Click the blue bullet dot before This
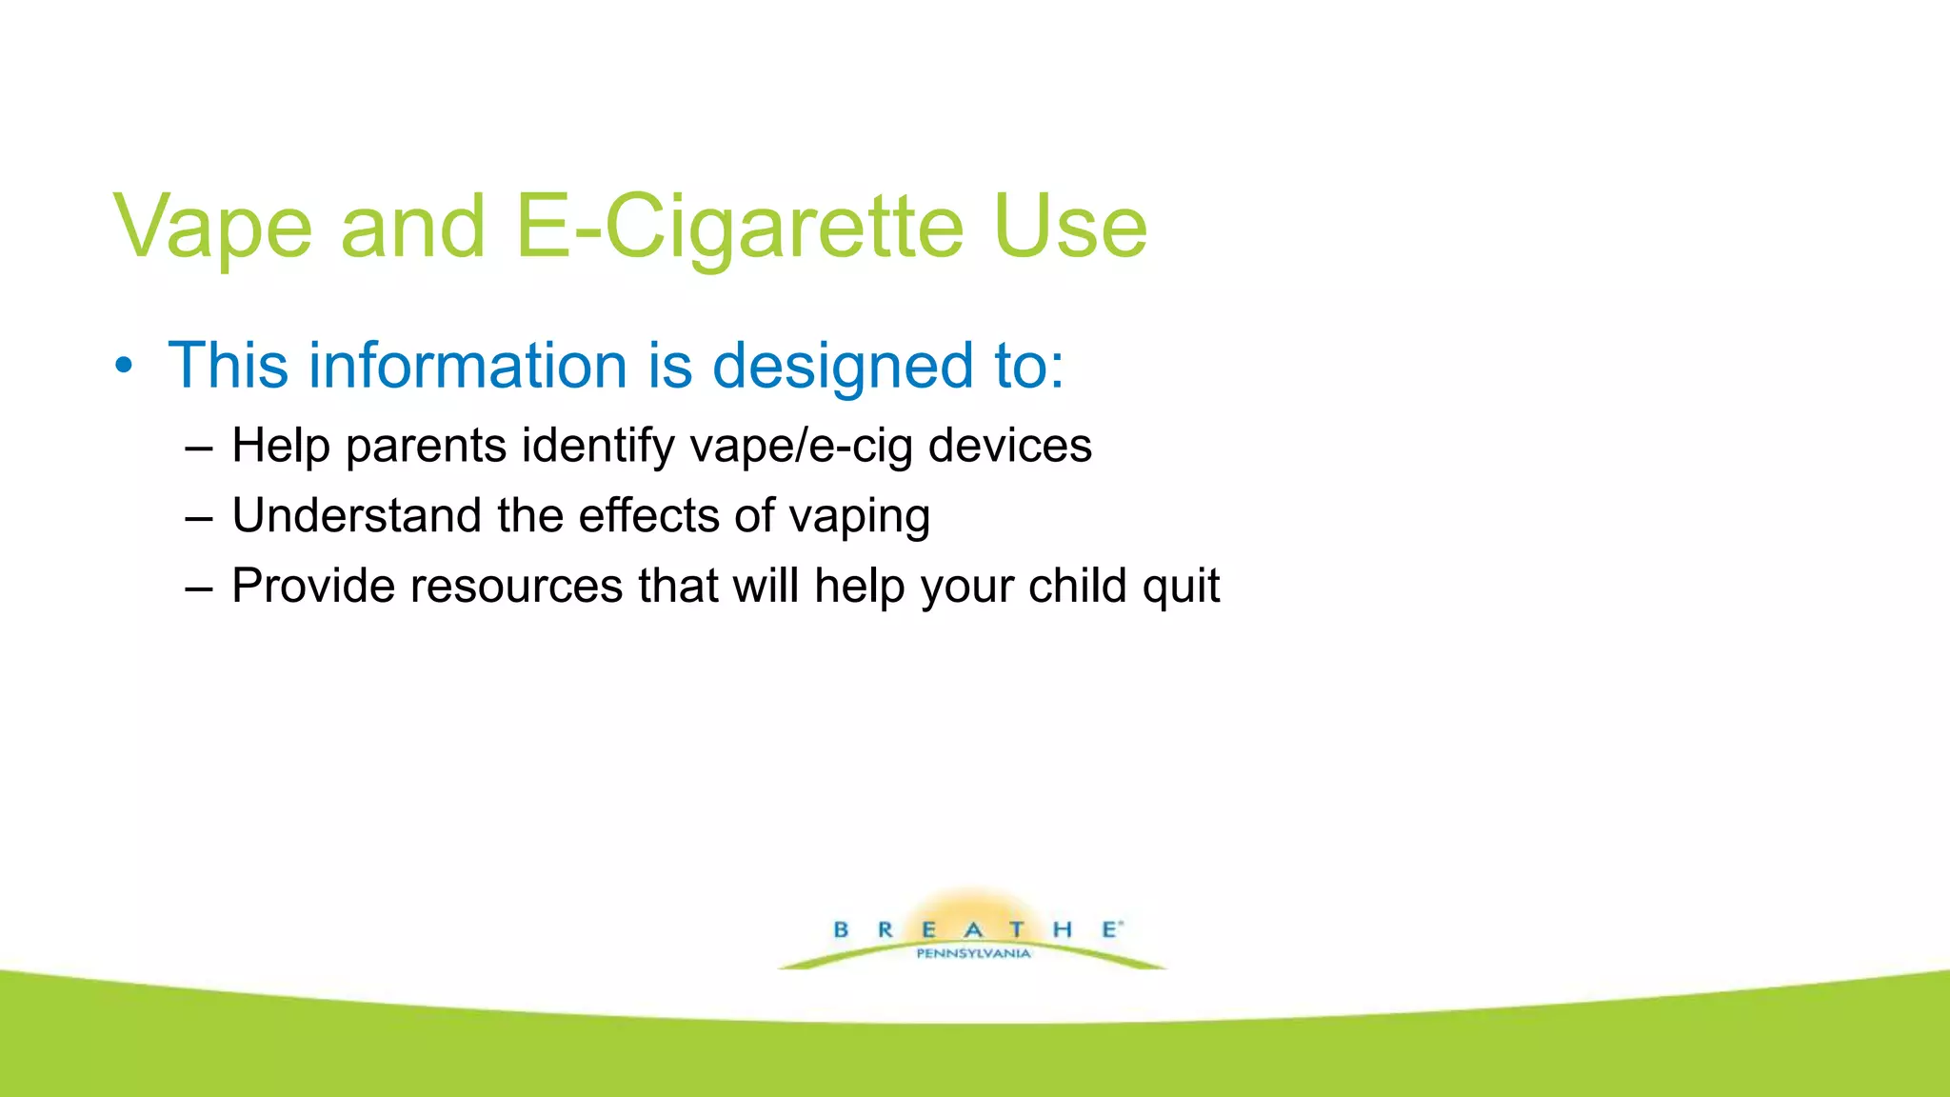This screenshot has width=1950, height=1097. [x=124, y=367]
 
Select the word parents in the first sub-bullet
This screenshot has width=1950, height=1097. [x=426, y=446]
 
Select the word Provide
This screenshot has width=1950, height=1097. [x=313, y=586]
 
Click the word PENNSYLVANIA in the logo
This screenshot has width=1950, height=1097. [x=973, y=953]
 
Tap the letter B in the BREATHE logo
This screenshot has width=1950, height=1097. [x=841, y=929]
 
